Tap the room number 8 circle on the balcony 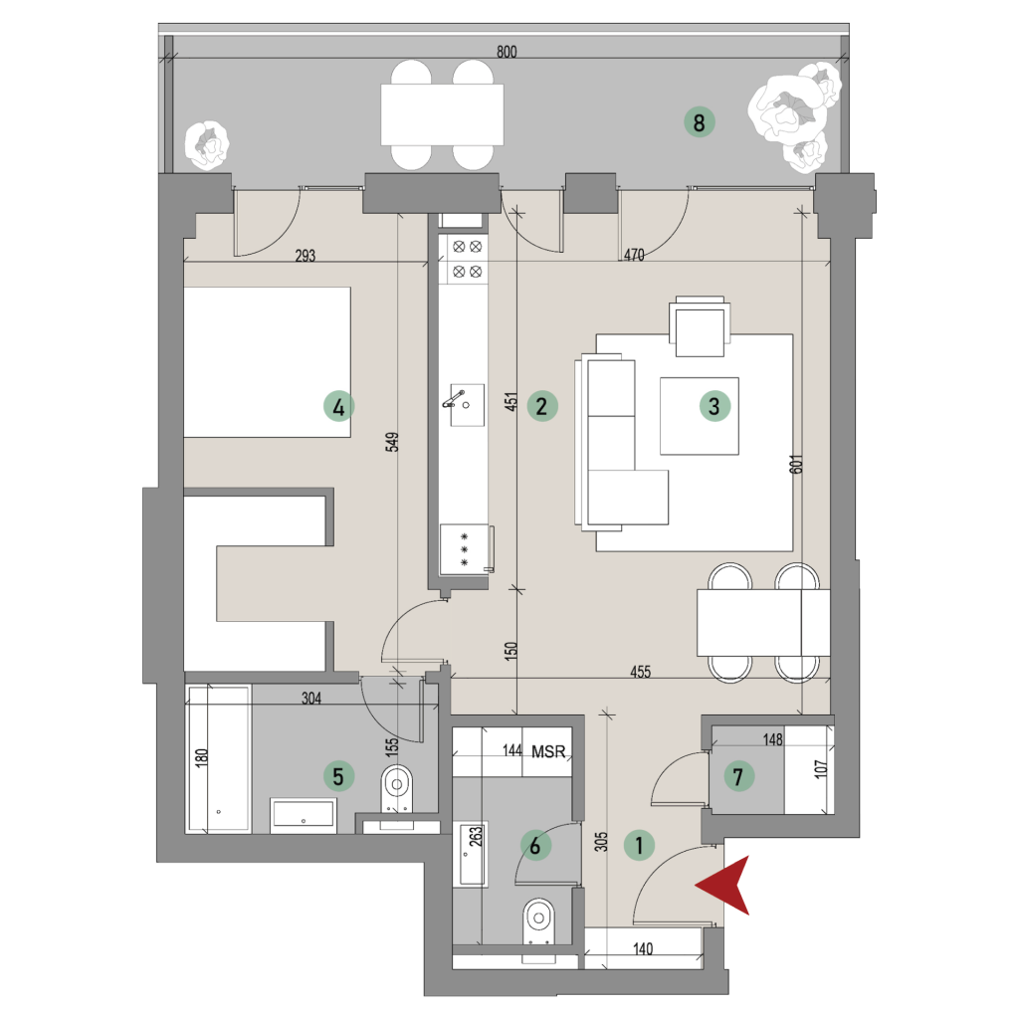point(700,122)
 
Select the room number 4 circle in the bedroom point(338,407)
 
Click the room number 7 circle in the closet point(737,776)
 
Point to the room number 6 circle point(535,846)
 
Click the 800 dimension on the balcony point(507,52)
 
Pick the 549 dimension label point(392,442)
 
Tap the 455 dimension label point(640,672)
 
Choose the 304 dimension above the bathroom point(311,698)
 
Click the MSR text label point(548,751)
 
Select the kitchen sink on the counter point(468,405)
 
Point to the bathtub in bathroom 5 point(218,758)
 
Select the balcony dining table point(443,115)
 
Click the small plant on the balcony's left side point(207,145)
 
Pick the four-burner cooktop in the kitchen point(468,259)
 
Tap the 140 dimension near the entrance point(643,948)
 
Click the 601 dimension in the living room point(797,464)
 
